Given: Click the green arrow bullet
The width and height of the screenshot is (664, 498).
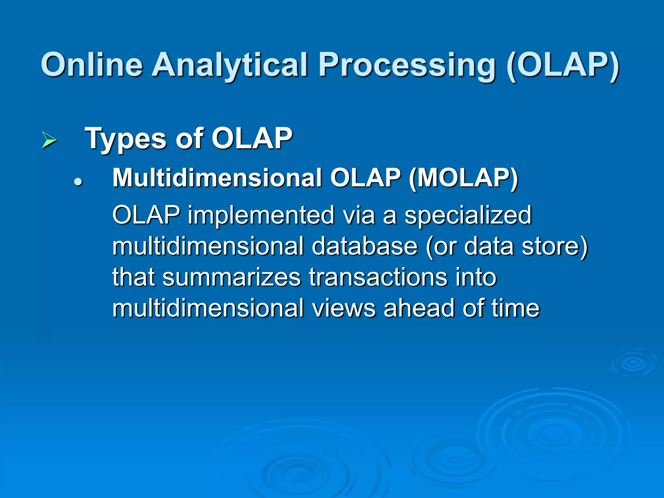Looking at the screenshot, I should click(x=49, y=140).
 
